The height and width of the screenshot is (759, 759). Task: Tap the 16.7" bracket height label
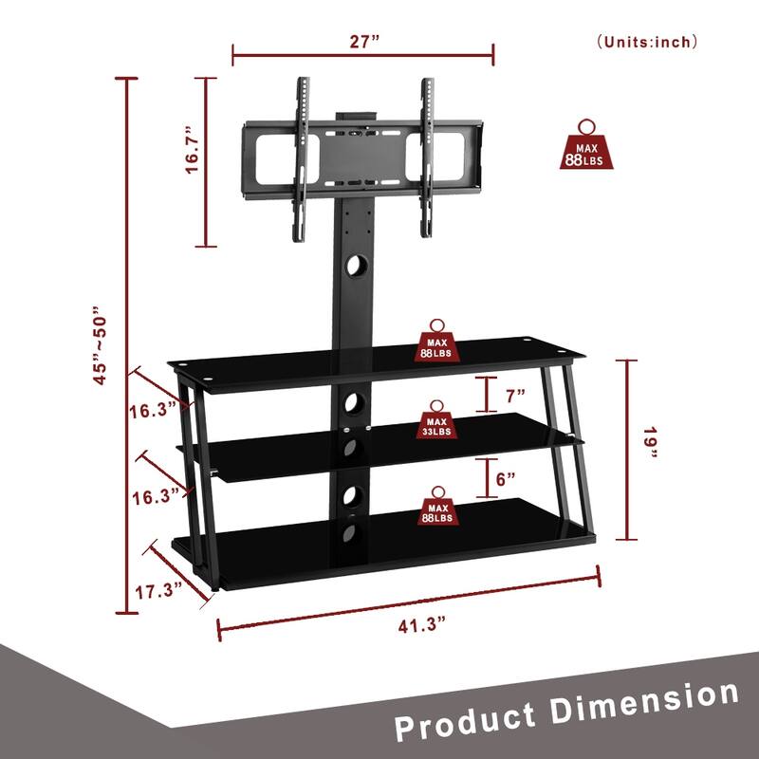point(194,149)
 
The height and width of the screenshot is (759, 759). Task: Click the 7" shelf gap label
point(516,394)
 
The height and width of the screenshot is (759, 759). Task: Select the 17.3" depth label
point(157,591)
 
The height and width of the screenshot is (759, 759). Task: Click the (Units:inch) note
point(647,42)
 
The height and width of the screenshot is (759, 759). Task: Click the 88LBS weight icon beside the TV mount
point(587,147)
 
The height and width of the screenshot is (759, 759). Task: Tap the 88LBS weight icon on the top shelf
point(436,342)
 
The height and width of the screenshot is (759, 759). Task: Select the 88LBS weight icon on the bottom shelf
point(436,507)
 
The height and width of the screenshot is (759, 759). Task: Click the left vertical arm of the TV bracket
point(301,157)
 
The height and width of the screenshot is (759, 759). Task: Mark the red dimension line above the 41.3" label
point(408,598)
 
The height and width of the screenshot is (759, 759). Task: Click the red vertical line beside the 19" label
point(627,448)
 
